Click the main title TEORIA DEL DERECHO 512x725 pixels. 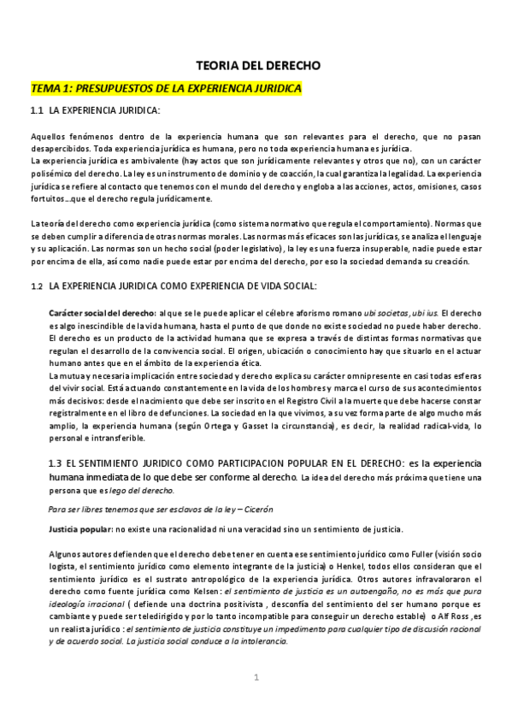tap(256, 65)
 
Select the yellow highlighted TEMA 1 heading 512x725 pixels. tap(166, 88)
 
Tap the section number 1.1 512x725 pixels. tap(37, 110)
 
